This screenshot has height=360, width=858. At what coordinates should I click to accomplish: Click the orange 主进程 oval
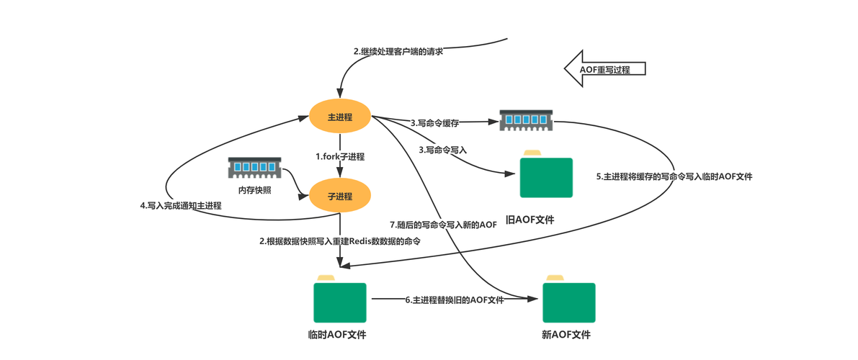pos(340,117)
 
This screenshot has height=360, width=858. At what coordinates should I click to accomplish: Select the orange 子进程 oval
pos(340,196)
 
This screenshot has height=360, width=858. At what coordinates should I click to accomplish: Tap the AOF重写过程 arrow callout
pos(605,69)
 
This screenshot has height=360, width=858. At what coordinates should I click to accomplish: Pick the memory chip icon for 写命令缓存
pos(526,120)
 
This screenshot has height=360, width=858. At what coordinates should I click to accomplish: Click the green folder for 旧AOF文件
pos(546,174)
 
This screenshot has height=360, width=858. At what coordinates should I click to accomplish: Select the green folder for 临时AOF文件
pos(340,299)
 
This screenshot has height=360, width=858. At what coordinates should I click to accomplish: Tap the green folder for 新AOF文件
pos(568,299)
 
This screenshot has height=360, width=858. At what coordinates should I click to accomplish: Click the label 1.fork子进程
pos(340,156)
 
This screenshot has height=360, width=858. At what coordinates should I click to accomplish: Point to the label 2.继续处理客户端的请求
pos(398,52)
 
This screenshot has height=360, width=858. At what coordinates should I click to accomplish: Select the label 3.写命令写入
pos(442,149)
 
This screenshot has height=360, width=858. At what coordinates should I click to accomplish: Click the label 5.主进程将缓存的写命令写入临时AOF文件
pos(674,177)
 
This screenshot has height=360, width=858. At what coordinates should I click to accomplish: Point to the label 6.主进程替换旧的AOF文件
pos(454,300)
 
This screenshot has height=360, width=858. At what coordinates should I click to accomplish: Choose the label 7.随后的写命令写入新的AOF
pos(442,225)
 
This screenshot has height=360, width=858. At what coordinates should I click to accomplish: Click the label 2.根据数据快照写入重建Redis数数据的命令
pos(340,241)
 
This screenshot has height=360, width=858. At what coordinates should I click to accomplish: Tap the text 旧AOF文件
pos(530,220)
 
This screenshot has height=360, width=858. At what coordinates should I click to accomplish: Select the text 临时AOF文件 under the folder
pos(337,335)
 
